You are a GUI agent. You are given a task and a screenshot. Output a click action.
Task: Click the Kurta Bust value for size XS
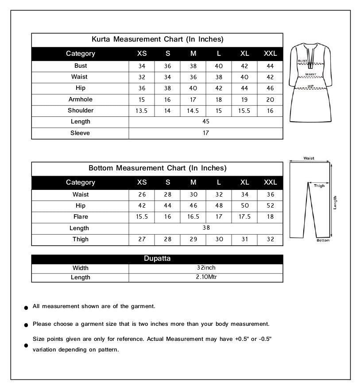click(142, 66)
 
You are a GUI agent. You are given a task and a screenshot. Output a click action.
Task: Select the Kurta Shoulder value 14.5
click(193, 111)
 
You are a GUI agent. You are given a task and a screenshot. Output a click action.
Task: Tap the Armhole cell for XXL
click(270, 100)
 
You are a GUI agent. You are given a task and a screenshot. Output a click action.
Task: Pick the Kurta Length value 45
click(206, 122)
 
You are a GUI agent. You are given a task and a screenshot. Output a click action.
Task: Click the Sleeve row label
click(80, 133)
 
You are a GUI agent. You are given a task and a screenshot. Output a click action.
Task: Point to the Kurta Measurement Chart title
click(157, 39)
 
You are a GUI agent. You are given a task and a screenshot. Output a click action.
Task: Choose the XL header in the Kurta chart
click(244, 54)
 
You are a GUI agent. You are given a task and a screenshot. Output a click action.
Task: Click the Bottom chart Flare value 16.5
click(193, 217)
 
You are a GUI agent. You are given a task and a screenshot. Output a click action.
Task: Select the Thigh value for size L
click(219, 239)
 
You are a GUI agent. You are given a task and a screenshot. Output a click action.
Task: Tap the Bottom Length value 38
click(206, 228)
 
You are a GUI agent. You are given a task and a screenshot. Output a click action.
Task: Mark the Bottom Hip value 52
click(270, 206)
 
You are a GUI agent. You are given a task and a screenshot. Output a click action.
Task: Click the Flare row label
click(81, 217)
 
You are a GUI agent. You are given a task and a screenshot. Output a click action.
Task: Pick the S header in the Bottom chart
click(167, 182)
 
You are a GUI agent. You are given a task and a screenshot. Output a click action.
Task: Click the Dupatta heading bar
click(157, 259)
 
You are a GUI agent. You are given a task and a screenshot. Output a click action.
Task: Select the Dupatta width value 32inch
click(206, 268)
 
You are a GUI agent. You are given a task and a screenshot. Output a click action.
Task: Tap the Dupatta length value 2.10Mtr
click(206, 277)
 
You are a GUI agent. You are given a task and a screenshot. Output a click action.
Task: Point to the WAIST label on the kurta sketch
click(310, 74)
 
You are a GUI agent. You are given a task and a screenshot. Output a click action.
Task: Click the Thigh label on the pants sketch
click(319, 186)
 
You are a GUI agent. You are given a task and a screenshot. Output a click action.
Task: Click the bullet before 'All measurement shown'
click(27, 307)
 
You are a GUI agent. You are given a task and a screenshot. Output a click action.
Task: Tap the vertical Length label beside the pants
click(335, 203)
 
